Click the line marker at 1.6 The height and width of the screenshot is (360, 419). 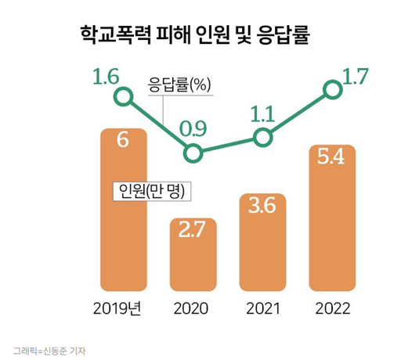click(122, 97)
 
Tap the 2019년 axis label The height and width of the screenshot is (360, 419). click(122, 308)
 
